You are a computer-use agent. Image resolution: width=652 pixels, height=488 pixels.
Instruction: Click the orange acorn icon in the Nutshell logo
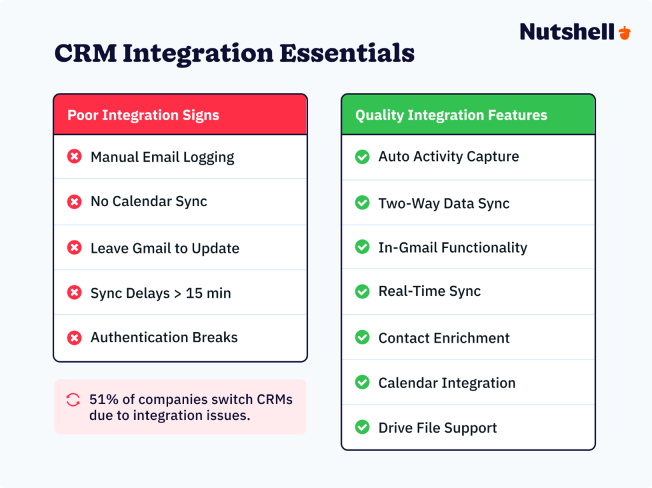coord(624,32)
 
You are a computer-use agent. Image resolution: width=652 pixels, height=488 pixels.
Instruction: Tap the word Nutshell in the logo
coord(567,32)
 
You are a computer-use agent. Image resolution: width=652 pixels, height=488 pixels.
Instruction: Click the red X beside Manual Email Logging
coord(74,157)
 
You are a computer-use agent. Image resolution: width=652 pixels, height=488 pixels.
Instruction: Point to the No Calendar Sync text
coord(148,202)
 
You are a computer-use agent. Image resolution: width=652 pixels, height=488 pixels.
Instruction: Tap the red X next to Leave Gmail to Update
coord(74,248)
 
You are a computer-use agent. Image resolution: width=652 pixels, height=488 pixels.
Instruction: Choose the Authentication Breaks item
coord(164,338)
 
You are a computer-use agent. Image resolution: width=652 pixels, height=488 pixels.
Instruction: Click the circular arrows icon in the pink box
coord(73,400)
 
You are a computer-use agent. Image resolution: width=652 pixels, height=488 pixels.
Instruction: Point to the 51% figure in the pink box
coord(103,400)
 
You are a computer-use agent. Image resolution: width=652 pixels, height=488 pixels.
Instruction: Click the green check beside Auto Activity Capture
coord(362,157)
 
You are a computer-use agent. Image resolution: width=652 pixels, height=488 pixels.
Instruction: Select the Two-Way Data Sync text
coord(444,204)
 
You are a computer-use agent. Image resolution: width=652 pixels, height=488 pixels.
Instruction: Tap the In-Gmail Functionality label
coord(452,247)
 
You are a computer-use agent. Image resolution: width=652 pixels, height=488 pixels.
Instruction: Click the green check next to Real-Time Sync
coord(362,291)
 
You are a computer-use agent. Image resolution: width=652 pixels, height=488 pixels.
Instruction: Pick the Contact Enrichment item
coord(444,338)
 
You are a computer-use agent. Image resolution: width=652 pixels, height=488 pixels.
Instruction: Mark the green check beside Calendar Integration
coord(362,383)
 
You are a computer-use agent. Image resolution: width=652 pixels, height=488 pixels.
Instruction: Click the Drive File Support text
coord(437,428)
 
